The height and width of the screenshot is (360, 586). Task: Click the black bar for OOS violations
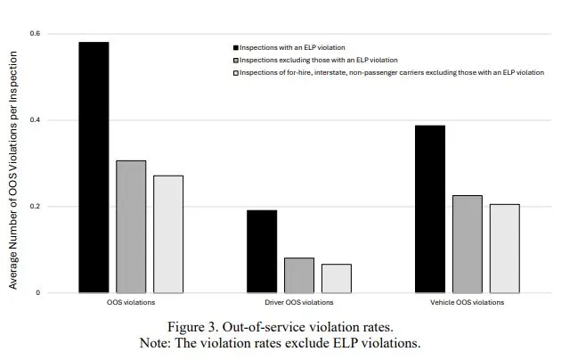tap(94, 168)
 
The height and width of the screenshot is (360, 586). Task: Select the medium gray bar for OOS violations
tap(131, 226)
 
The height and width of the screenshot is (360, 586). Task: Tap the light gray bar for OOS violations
tap(168, 234)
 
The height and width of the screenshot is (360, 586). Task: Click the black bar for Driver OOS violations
tap(262, 251)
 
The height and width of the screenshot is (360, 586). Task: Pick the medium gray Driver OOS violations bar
tap(299, 275)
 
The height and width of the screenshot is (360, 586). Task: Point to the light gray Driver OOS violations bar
tap(336, 278)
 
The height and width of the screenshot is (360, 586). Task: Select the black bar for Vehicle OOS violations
tap(430, 209)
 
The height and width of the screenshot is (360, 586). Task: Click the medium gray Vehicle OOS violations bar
tap(467, 244)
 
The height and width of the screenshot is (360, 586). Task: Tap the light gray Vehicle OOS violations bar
tap(504, 249)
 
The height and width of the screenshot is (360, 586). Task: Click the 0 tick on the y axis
tap(37, 293)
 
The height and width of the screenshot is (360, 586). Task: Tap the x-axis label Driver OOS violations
tap(298, 303)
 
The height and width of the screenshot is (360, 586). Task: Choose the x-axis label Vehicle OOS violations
tap(467, 303)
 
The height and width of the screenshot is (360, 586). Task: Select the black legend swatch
tap(234, 46)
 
